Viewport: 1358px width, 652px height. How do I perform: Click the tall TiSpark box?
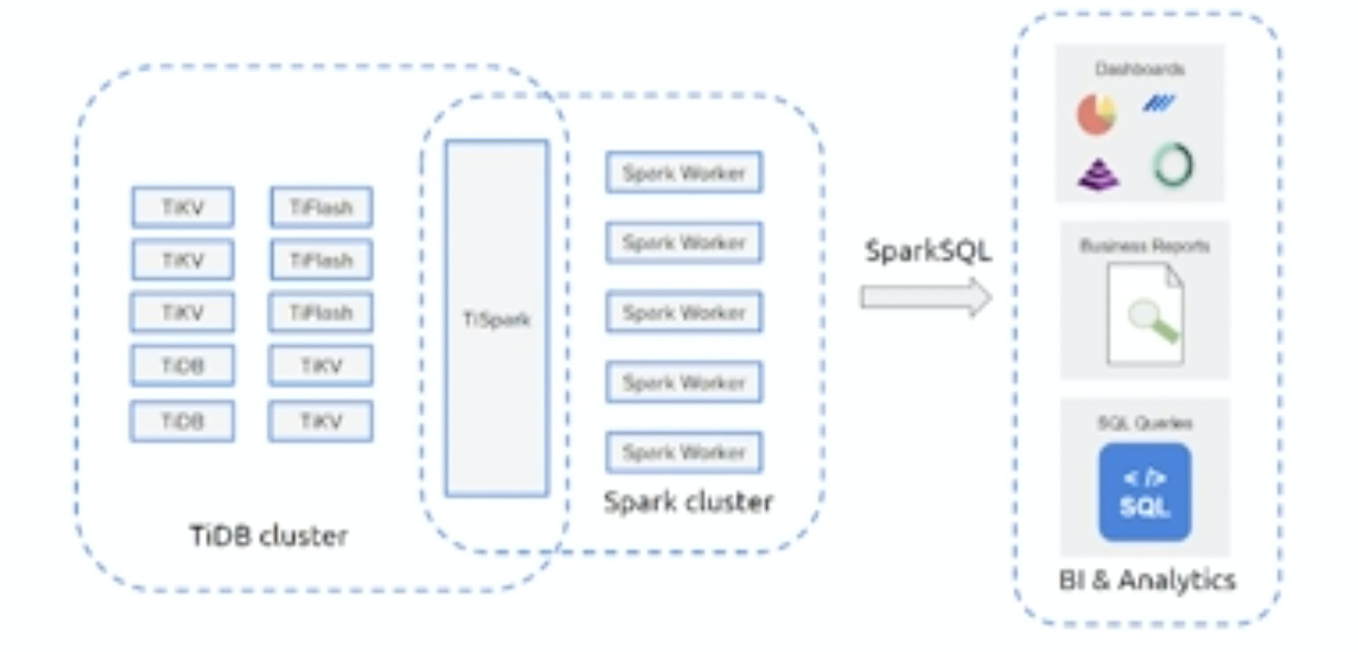[x=497, y=319]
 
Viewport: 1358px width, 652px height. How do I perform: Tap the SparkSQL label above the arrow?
[x=928, y=251]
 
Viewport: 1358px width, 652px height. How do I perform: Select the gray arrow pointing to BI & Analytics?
[x=926, y=297]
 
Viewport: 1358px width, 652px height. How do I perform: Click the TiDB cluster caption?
[x=269, y=536]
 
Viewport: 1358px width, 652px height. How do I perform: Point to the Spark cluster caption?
[x=688, y=502]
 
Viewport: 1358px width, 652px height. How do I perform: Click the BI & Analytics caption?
[x=1147, y=580]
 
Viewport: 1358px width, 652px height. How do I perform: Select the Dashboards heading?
[x=1140, y=69]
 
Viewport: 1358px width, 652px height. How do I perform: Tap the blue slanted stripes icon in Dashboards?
[x=1159, y=103]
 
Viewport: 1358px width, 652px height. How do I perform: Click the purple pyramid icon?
[x=1098, y=174]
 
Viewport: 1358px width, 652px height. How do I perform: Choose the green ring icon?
[x=1173, y=165]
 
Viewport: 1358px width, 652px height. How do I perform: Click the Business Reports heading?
[x=1145, y=246]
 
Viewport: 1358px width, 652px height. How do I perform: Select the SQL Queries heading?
[x=1145, y=424]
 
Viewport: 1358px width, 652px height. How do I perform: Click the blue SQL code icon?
[x=1145, y=493]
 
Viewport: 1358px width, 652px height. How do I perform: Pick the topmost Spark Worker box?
[x=684, y=173]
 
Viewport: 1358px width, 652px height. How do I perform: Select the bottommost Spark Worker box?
[x=684, y=453]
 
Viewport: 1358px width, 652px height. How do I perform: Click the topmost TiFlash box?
[x=321, y=207]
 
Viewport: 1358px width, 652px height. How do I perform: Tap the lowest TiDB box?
[x=183, y=422]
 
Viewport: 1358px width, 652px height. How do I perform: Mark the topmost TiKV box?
[x=183, y=207]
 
